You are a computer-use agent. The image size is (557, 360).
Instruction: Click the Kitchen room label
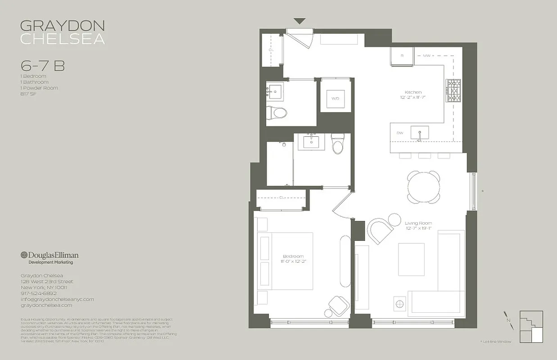(412, 92)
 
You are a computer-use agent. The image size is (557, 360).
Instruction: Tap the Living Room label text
(418, 223)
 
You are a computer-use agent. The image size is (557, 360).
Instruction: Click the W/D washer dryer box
(335, 98)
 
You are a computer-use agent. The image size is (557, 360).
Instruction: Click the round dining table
(423, 186)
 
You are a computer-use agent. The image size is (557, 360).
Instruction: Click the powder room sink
(274, 92)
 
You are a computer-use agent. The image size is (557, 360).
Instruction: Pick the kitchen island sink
(419, 133)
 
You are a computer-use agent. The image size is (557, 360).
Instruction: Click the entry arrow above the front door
(299, 21)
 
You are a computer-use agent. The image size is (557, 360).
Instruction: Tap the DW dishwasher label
(399, 133)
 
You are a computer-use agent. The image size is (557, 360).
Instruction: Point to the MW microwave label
(426, 56)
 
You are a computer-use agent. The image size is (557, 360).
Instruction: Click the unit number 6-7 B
(42, 66)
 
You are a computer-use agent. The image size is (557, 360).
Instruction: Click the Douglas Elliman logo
(49, 255)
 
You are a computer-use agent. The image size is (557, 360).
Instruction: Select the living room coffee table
(411, 259)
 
